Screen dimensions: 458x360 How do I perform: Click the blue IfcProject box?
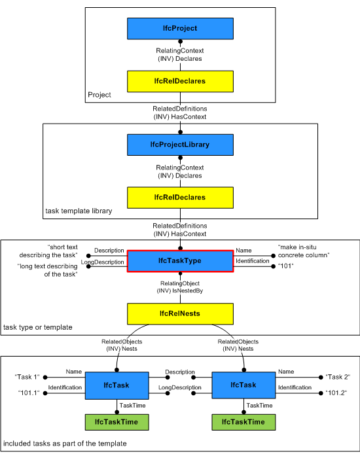pos(179,28)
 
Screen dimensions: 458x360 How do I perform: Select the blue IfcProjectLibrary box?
pos(179,144)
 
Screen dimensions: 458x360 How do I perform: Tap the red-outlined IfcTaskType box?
pos(179,260)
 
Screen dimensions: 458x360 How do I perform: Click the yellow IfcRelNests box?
pos(179,313)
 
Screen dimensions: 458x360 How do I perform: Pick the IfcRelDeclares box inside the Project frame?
pos(179,81)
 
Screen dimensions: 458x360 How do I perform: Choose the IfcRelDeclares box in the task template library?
pos(179,197)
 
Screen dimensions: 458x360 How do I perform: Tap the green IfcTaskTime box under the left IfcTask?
pos(116,422)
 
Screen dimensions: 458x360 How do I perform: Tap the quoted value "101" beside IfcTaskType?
pos(285,266)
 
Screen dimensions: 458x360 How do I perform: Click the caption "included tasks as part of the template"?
pos(65,444)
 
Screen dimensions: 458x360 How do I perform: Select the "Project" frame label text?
pos(99,95)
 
